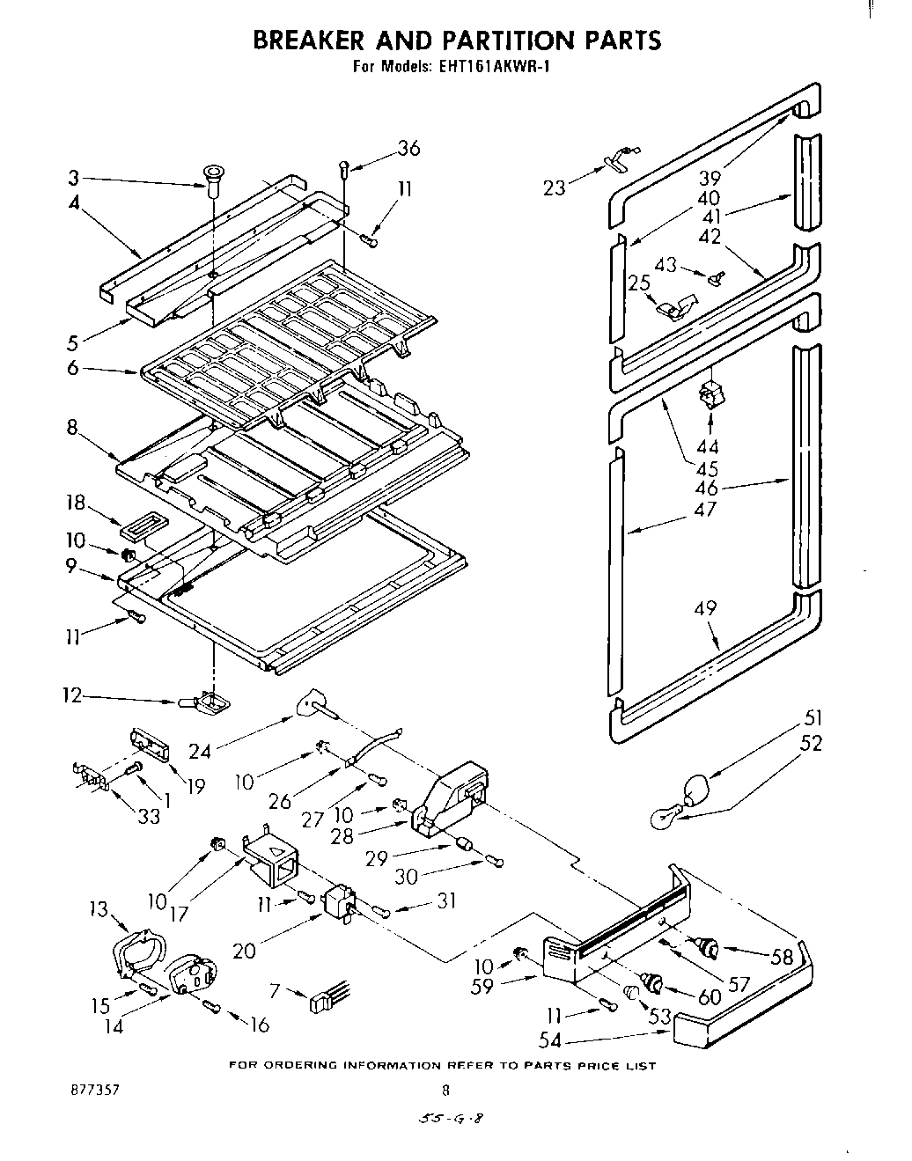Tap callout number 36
(x=408, y=149)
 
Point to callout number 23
(x=554, y=187)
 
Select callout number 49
(x=705, y=608)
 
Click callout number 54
(x=549, y=1040)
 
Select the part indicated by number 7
(x=326, y=1001)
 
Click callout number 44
(x=708, y=446)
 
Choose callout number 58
(x=781, y=957)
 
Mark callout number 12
(x=71, y=696)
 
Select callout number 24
(x=200, y=750)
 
